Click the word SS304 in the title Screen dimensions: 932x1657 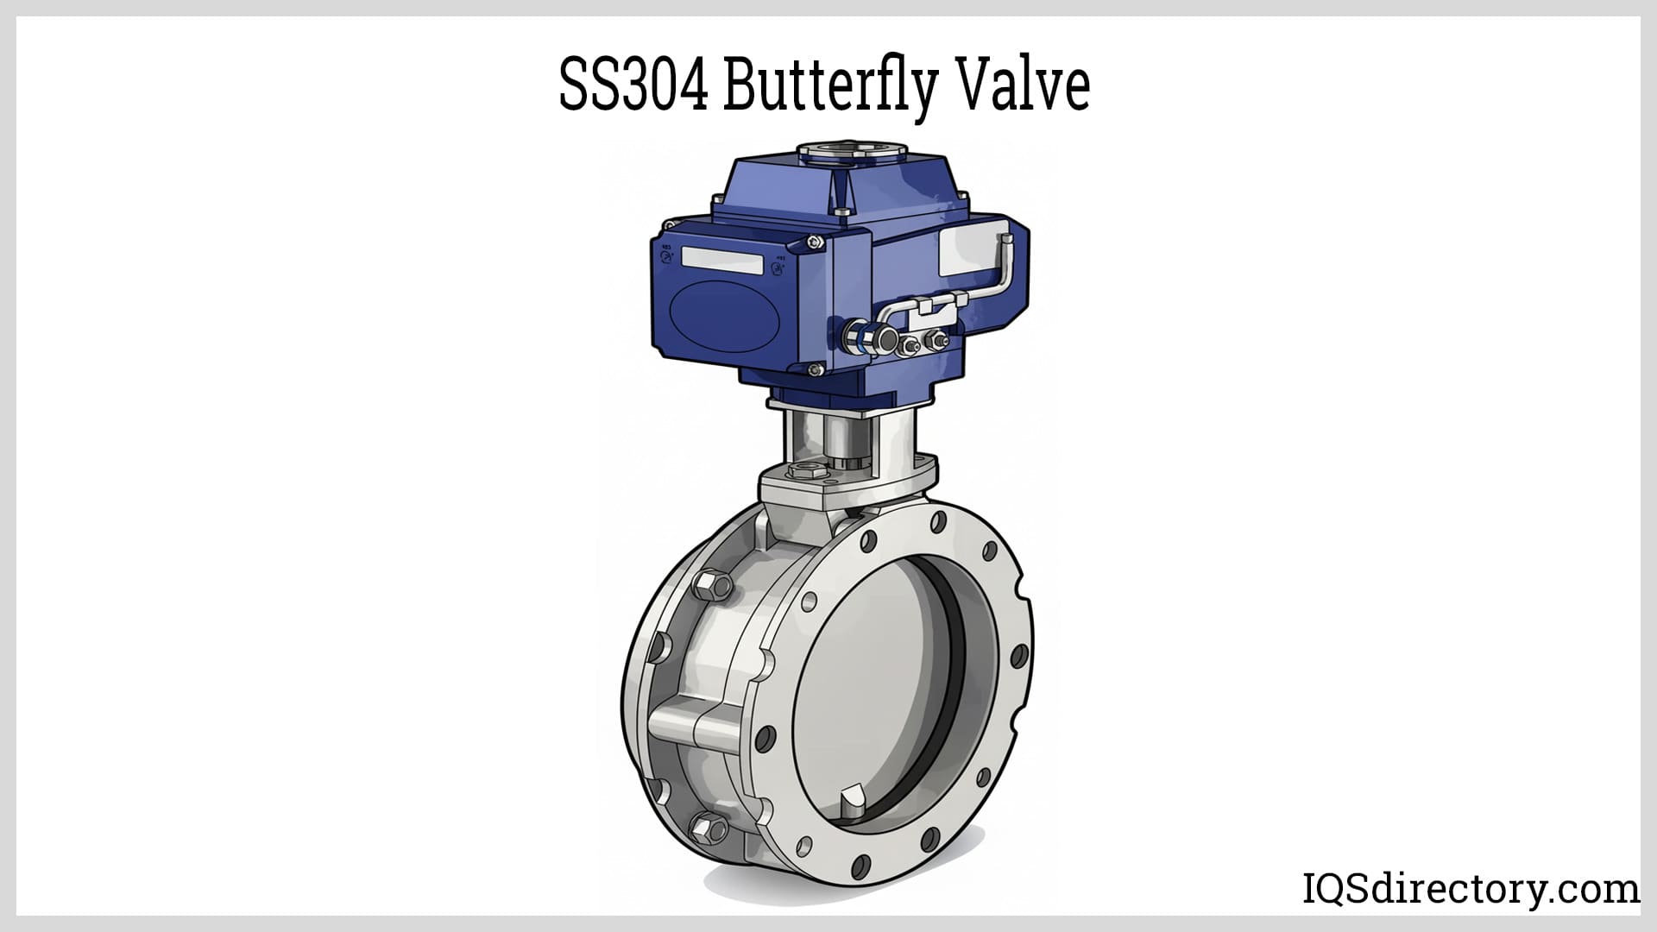coord(635,86)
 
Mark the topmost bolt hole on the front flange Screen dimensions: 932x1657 coord(937,520)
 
